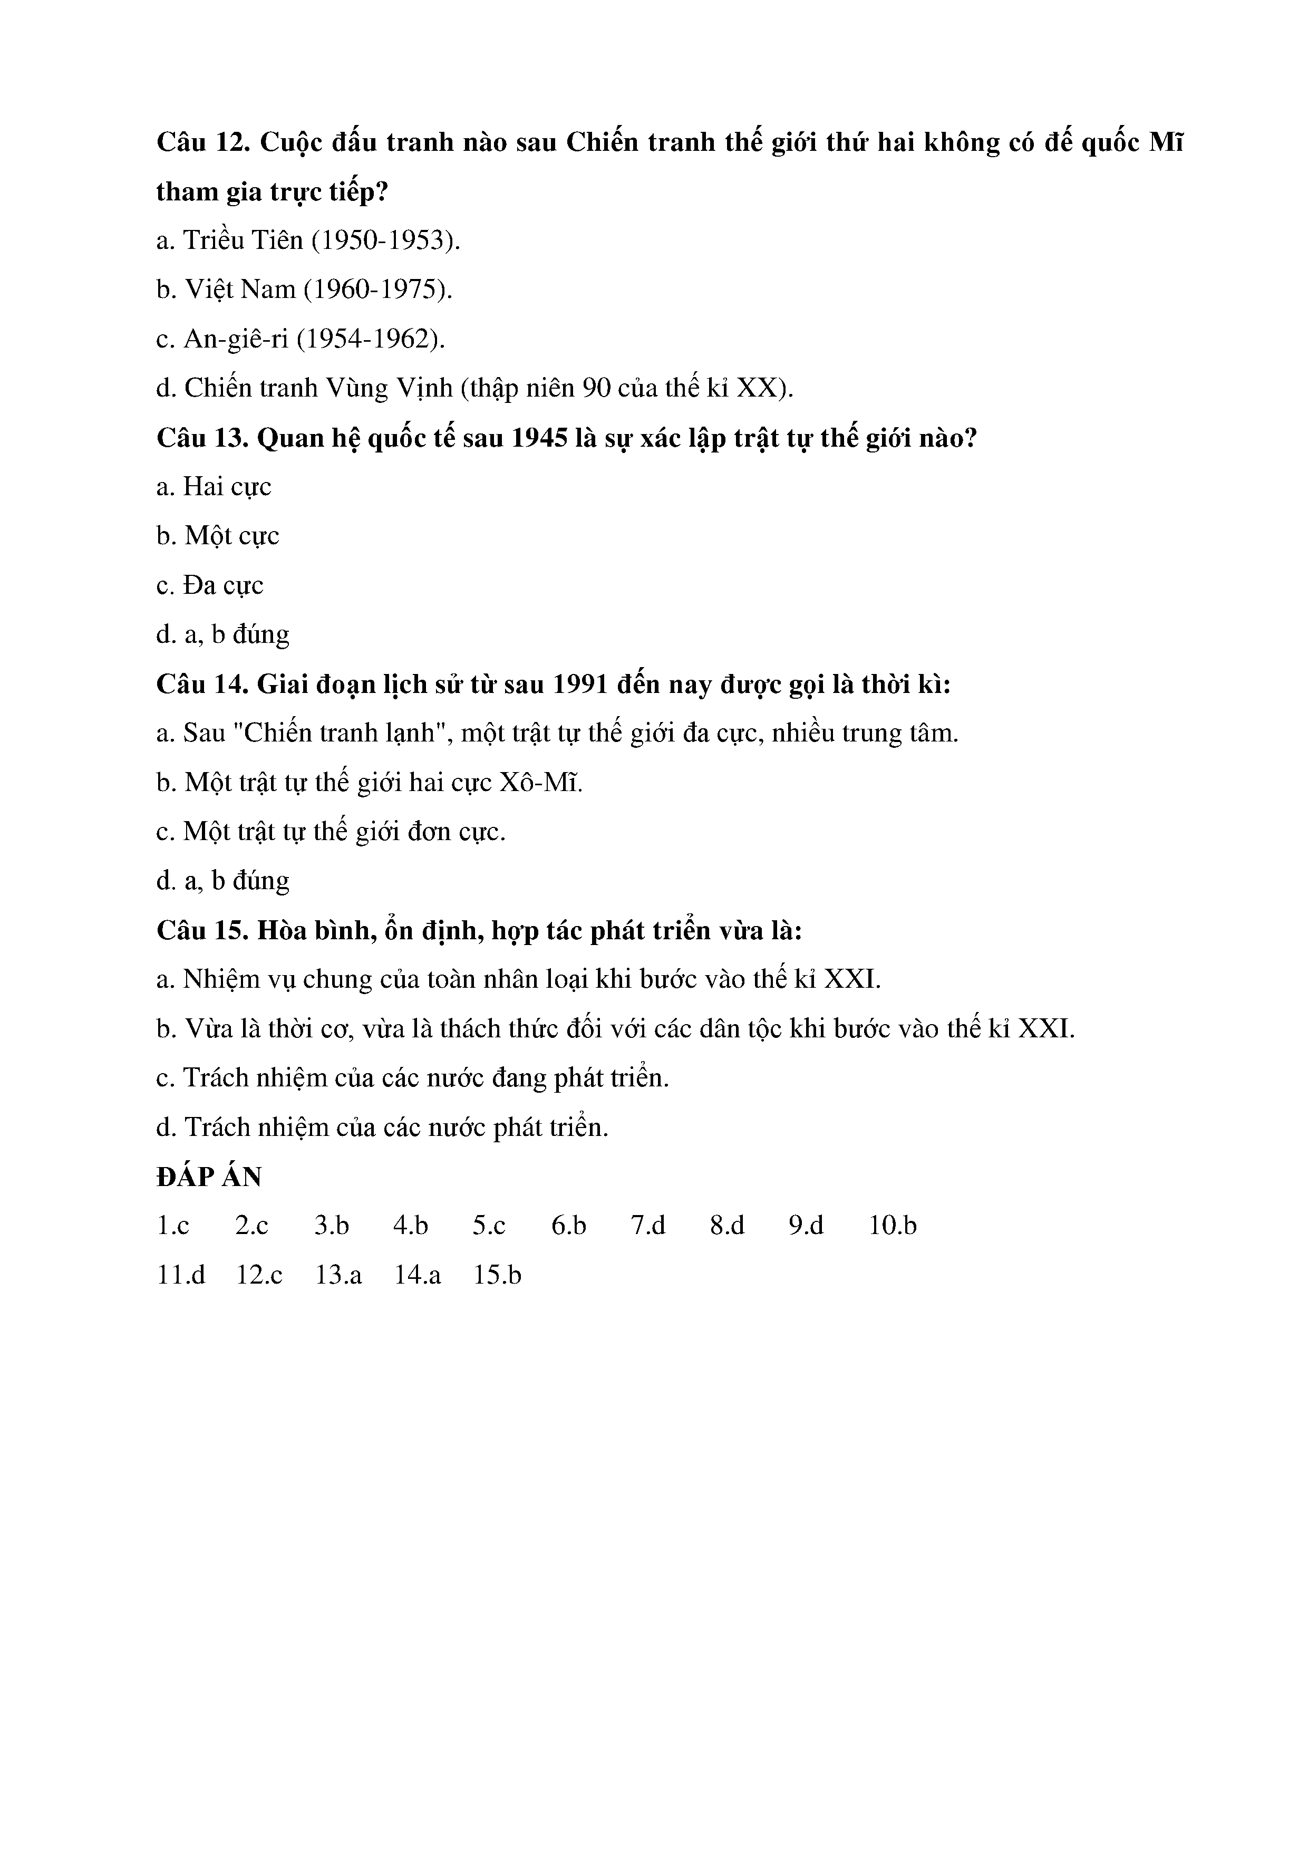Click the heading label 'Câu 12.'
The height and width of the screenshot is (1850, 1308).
[x=204, y=142]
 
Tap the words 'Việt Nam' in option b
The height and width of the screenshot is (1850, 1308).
[x=240, y=290]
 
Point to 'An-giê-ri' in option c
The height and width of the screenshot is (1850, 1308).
[x=235, y=339]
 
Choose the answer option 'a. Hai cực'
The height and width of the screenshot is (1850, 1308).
[x=214, y=487]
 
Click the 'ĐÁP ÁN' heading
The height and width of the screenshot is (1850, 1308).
[x=209, y=1177]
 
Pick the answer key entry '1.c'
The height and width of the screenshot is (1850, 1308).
[x=173, y=1226]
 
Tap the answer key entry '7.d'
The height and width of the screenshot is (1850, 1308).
[x=648, y=1226]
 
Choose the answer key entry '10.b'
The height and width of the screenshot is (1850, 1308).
[x=893, y=1226]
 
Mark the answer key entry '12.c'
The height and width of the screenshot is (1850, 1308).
[x=259, y=1276]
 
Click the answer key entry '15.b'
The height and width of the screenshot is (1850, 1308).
[x=498, y=1276]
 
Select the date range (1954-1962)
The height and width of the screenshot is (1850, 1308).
[x=371, y=339]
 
